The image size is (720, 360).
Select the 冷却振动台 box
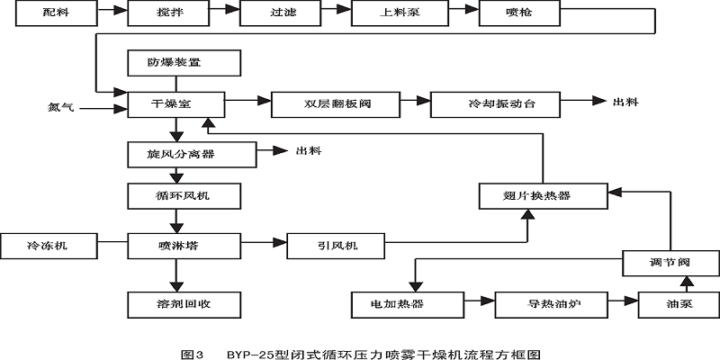pos(496,103)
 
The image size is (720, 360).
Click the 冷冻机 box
pos(49,244)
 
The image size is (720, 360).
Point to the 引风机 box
pos(336,244)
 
